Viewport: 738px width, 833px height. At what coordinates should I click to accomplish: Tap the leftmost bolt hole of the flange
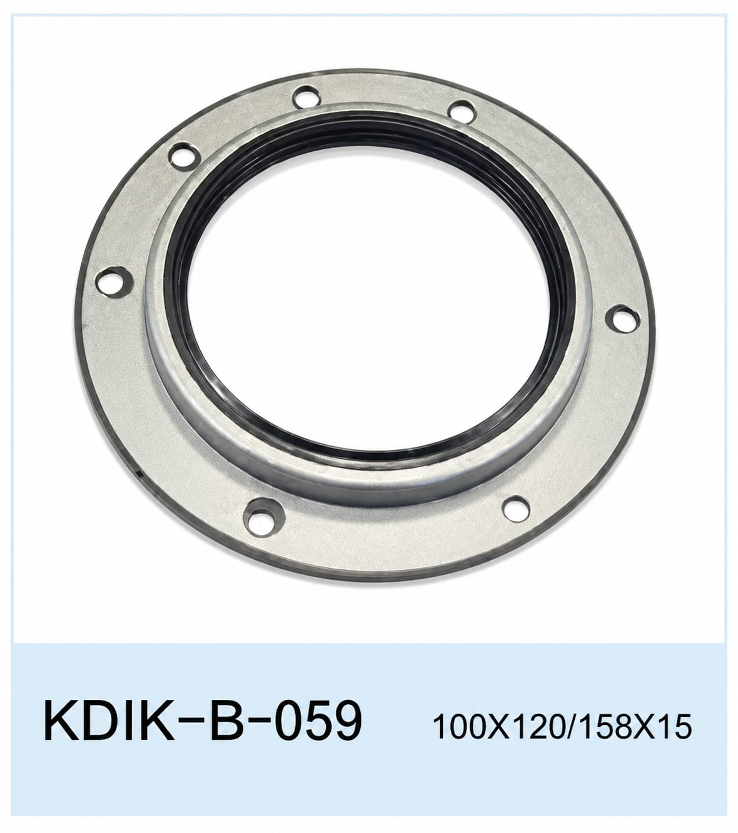point(112,280)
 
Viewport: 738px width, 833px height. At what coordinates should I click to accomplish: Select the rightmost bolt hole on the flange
point(624,319)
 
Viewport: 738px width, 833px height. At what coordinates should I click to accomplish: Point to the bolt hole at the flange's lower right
point(516,508)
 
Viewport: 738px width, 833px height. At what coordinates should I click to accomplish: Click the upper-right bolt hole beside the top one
point(462,111)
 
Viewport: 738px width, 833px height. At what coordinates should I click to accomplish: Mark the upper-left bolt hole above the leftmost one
point(184,154)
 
